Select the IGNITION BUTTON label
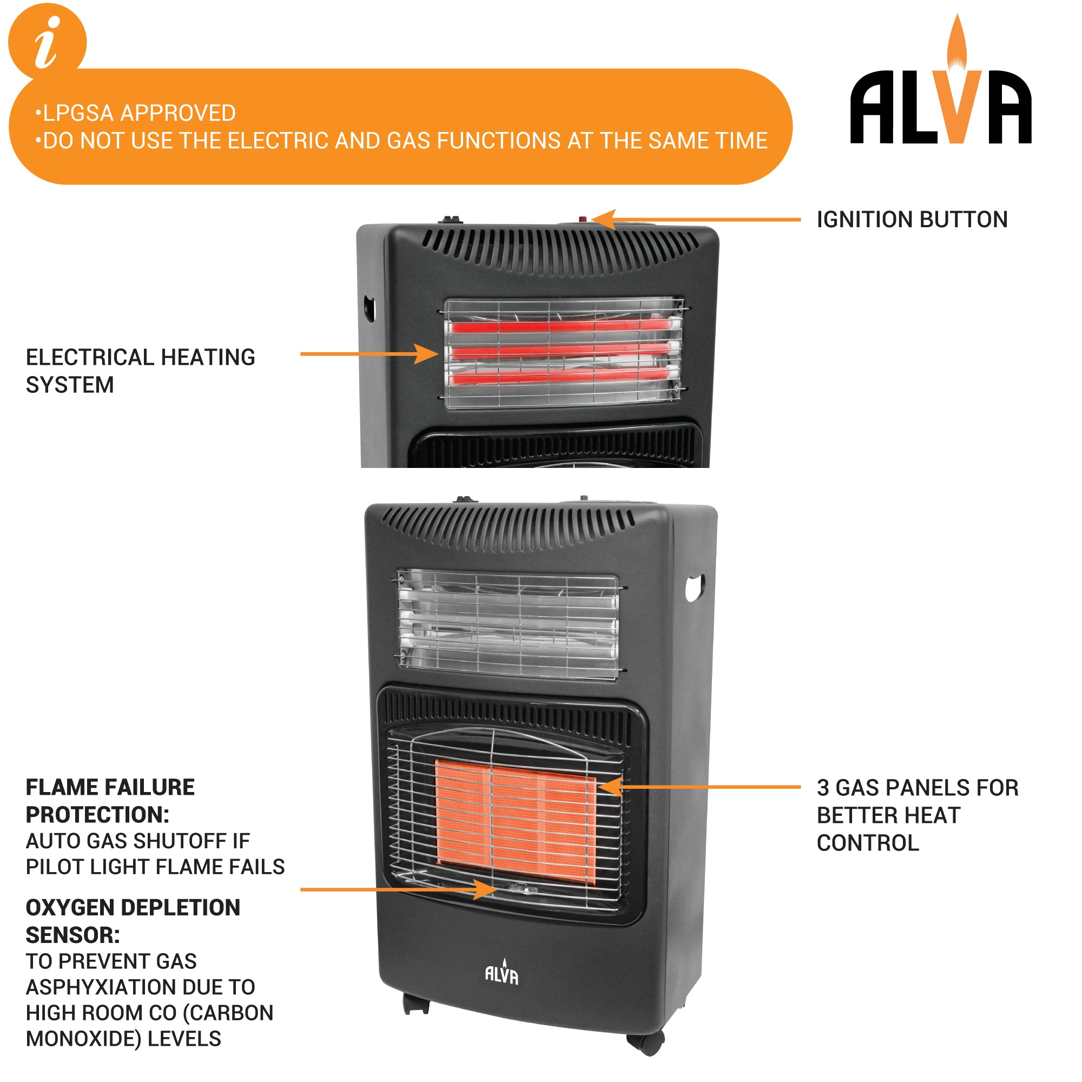[912, 220]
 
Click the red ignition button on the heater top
[583, 220]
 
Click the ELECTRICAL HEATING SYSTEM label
[140, 371]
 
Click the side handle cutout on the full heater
[694, 588]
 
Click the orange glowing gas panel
[515, 821]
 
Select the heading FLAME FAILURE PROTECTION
[110, 801]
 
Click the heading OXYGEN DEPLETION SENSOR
[132, 921]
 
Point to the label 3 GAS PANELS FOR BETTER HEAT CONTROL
[916, 815]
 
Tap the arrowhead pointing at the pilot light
[485, 889]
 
